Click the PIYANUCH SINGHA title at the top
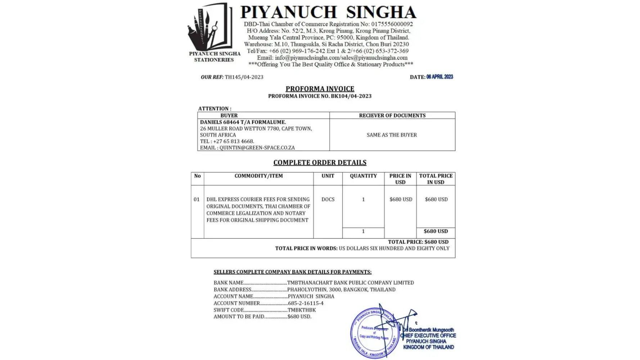[328, 12]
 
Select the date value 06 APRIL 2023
[440, 77]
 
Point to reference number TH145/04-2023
[244, 77]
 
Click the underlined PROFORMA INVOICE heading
[320, 89]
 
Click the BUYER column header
[229, 116]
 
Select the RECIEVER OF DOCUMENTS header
[392, 116]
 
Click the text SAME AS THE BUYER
[392, 135]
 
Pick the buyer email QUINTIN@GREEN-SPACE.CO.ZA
[257, 148]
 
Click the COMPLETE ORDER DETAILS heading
[320, 163]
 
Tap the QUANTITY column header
[363, 176]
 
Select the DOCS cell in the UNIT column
[328, 199]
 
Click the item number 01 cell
[197, 199]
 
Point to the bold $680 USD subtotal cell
[436, 231]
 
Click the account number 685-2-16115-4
[306, 303]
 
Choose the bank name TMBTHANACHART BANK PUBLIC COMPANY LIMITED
[350, 283]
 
